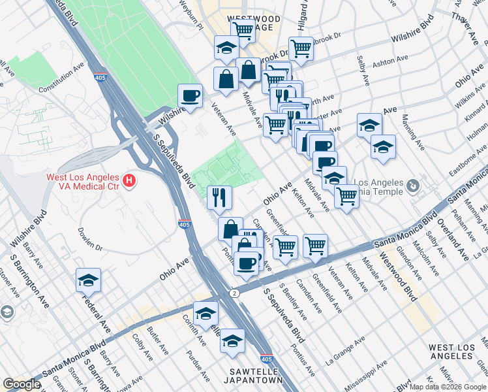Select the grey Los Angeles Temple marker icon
(x=412, y=187)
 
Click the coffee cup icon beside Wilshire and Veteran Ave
(x=190, y=96)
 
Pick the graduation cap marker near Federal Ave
(x=88, y=280)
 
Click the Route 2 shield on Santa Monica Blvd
(x=234, y=293)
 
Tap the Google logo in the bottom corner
(x=22, y=384)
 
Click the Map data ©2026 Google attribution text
(x=448, y=387)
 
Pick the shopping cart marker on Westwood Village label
(x=243, y=29)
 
